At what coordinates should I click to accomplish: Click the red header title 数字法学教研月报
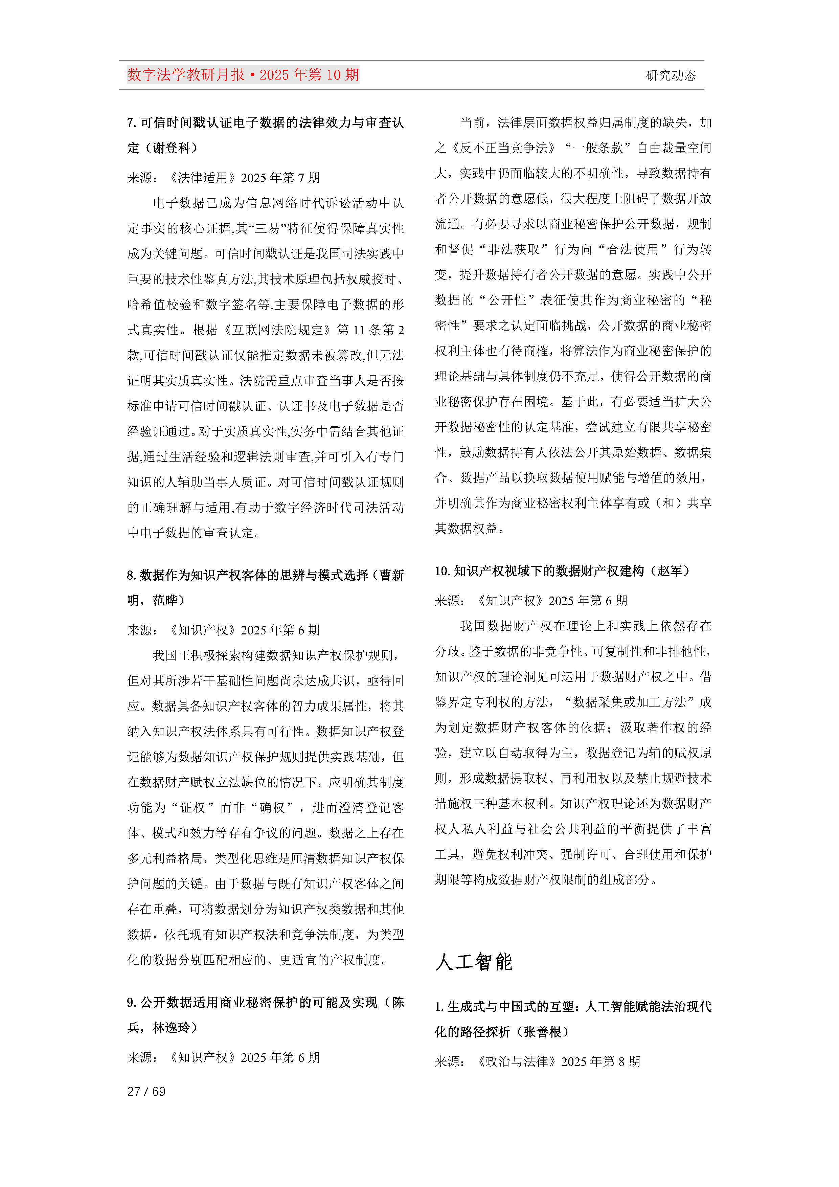click(x=186, y=75)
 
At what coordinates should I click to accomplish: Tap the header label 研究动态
click(x=671, y=75)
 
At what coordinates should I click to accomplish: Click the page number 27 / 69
click(x=146, y=1091)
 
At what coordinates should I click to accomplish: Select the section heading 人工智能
click(x=474, y=962)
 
